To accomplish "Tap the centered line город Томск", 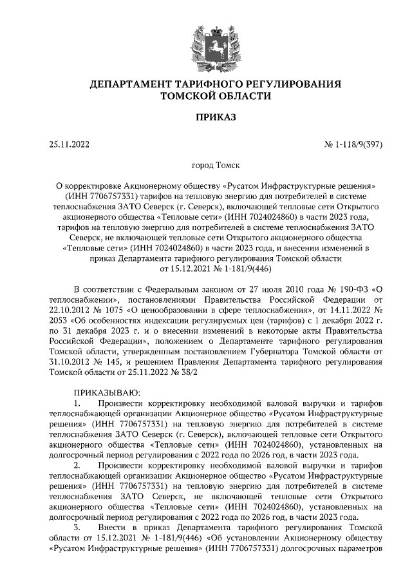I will click(x=206, y=166).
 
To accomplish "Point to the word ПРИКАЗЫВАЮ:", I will click(x=107, y=391).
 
